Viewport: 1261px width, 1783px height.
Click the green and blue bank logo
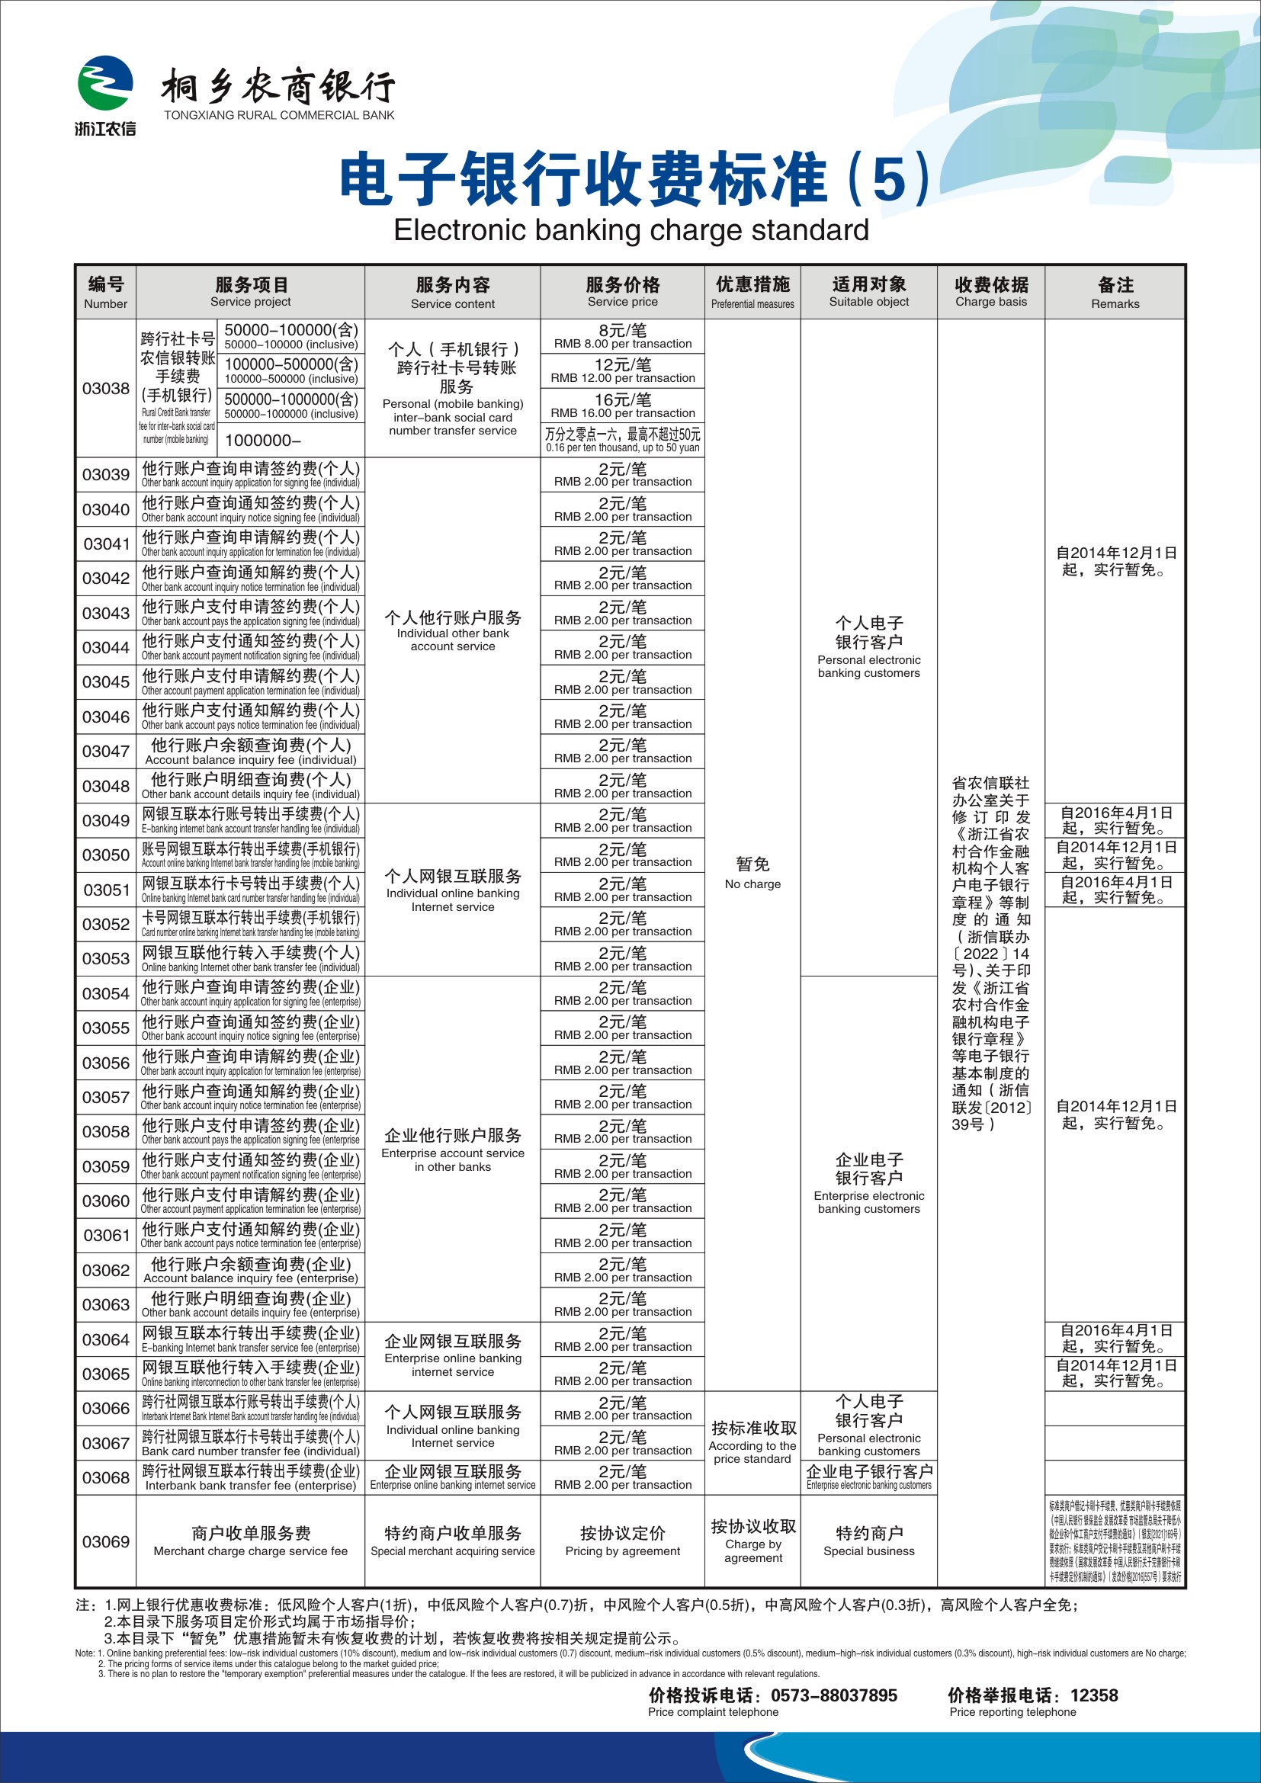[104, 84]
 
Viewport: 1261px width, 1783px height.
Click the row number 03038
[106, 388]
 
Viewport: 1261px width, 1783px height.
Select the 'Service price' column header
[622, 292]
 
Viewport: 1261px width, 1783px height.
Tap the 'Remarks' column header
[1115, 292]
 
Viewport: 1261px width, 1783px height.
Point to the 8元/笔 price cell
[622, 336]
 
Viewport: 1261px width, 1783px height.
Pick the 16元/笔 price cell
[622, 406]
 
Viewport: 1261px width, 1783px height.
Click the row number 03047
[106, 752]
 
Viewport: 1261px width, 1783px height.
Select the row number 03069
[106, 1541]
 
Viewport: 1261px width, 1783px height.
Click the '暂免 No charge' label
[752, 872]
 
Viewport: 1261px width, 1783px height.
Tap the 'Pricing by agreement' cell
[622, 1541]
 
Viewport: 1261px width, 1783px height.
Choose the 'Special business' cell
[869, 1541]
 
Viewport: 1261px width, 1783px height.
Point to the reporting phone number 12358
[1093, 1695]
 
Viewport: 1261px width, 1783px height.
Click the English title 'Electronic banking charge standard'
[630, 231]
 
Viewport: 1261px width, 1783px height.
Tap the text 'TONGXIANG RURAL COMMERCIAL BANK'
[279, 115]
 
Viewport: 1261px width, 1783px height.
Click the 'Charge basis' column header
[991, 292]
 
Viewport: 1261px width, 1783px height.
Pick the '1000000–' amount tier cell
[262, 441]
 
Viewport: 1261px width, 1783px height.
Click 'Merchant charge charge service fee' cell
[250, 1541]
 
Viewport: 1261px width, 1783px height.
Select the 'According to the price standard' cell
[752, 1443]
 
